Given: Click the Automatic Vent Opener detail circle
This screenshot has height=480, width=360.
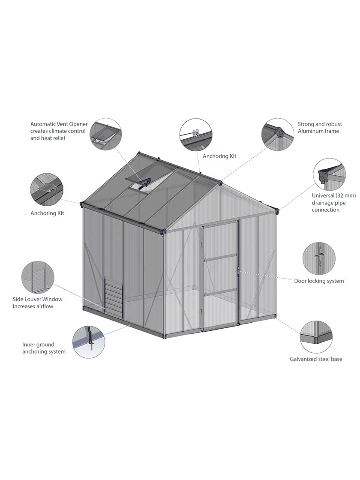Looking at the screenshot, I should [105, 134].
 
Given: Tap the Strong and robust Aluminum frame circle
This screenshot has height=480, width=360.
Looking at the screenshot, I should [277, 134].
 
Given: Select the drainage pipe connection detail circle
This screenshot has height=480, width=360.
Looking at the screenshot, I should [329, 174].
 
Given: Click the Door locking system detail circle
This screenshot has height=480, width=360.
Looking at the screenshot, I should [319, 258].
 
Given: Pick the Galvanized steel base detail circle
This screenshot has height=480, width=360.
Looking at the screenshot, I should [316, 337].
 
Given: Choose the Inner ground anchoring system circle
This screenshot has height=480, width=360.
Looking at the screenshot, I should [89, 342].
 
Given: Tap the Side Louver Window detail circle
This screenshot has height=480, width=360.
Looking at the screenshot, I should [38, 277].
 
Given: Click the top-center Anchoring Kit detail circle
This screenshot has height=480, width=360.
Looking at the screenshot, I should [195, 135].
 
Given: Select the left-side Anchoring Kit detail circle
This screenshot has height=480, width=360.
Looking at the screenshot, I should [47, 189].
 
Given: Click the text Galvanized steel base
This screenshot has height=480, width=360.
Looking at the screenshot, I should [316, 359].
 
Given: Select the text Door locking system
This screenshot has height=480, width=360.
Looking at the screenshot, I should [319, 281].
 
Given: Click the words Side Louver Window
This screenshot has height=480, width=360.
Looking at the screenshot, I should [38, 299].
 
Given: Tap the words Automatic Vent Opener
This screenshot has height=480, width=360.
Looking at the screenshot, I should [59, 124].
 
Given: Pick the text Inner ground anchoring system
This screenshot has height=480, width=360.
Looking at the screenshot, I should [44, 348].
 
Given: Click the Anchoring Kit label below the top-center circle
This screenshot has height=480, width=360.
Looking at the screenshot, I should [219, 156].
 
